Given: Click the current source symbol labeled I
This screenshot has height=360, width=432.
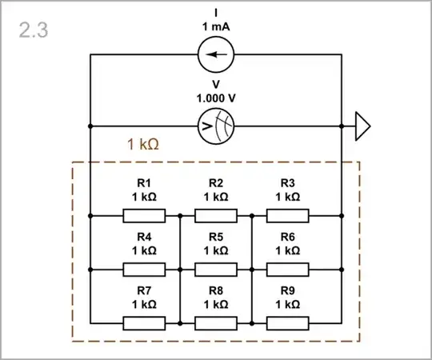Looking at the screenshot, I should (x=216, y=54).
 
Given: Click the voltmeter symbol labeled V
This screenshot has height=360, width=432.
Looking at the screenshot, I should (x=216, y=126).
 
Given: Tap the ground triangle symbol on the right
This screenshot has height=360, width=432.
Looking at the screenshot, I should (x=362, y=126).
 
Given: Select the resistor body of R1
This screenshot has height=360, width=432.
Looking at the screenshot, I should (x=144, y=215).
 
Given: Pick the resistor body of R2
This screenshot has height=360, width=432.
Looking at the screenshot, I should (x=216, y=215).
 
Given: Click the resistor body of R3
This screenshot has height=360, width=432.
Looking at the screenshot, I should (x=288, y=215).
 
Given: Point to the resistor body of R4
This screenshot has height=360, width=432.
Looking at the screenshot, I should (x=144, y=270).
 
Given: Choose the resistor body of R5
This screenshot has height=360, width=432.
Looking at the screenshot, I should (x=216, y=270).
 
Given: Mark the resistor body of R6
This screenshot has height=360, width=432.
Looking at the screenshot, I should (x=288, y=270).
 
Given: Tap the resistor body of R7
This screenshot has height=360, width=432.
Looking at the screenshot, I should (x=144, y=323).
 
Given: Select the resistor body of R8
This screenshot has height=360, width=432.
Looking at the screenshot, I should (x=216, y=323).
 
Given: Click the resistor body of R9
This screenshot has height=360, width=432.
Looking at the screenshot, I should (x=288, y=323).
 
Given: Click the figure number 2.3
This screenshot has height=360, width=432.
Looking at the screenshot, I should (x=34, y=30).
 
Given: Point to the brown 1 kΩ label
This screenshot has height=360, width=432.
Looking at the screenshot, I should (x=144, y=145).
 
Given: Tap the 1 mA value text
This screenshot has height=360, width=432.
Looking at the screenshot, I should (x=216, y=26).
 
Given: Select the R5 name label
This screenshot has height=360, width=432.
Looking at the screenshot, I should (x=216, y=237).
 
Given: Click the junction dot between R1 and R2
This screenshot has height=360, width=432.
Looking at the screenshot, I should (x=180, y=215).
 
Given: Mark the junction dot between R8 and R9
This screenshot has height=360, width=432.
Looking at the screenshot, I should (x=252, y=323).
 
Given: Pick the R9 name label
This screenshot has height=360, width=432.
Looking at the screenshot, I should (x=288, y=291).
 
